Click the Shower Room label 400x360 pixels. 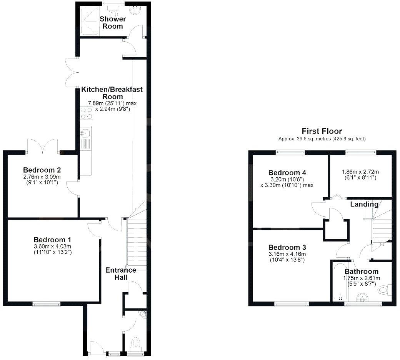click(x=113, y=23)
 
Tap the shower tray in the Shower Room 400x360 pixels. click(x=89, y=22)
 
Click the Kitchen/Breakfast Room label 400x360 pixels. click(x=112, y=93)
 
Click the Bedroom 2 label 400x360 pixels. click(x=42, y=170)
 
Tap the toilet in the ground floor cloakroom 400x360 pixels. click(x=136, y=342)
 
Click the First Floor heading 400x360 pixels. click(x=322, y=131)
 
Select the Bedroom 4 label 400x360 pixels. click(x=287, y=172)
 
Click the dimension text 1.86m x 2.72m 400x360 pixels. click(x=361, y=172)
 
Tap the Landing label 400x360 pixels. click(x=364, y=204)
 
